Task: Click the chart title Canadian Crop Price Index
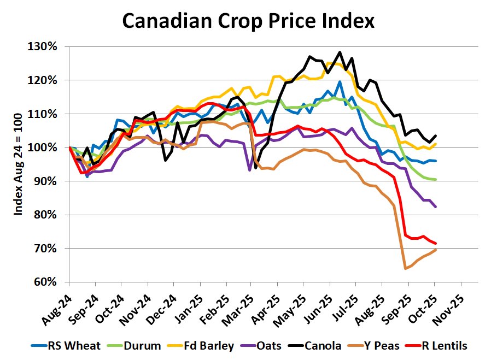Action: pos(248,21)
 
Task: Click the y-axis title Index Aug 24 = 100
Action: pos(18,163)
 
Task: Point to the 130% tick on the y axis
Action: pos(42,46)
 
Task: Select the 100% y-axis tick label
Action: pos(42,147)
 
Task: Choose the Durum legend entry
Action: pos(136,345)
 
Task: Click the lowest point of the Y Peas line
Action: pos(405,268)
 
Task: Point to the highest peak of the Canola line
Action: pos(340,52)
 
